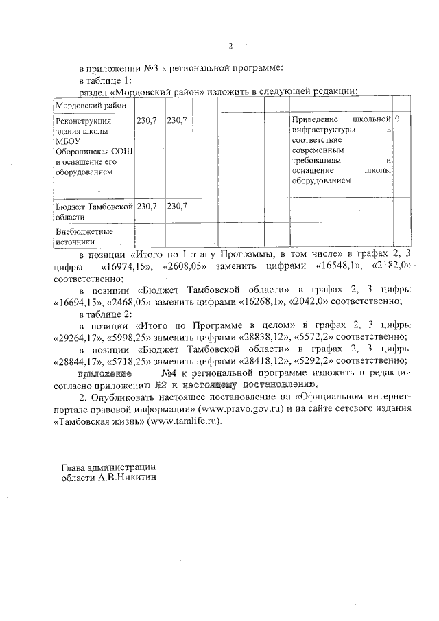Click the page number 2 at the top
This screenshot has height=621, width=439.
[230, 46]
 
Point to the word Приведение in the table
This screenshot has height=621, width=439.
[314, 120]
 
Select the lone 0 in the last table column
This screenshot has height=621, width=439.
[398, 120]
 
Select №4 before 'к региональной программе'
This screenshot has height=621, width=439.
[171, 373]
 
